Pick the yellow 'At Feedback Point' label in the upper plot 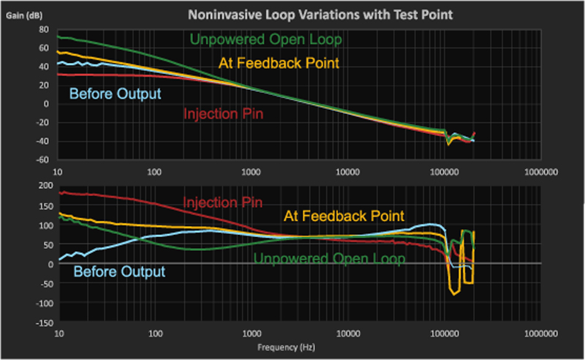tap(279, 63)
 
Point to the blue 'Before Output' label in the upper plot tap(115, 93)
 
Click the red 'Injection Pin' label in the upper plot tap(224, 113)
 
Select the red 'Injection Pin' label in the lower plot tap(222, 202)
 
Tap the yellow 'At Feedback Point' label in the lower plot tap(344, 215)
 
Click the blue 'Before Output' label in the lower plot tap(118, 271)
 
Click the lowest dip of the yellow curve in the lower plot tap(455, 294)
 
